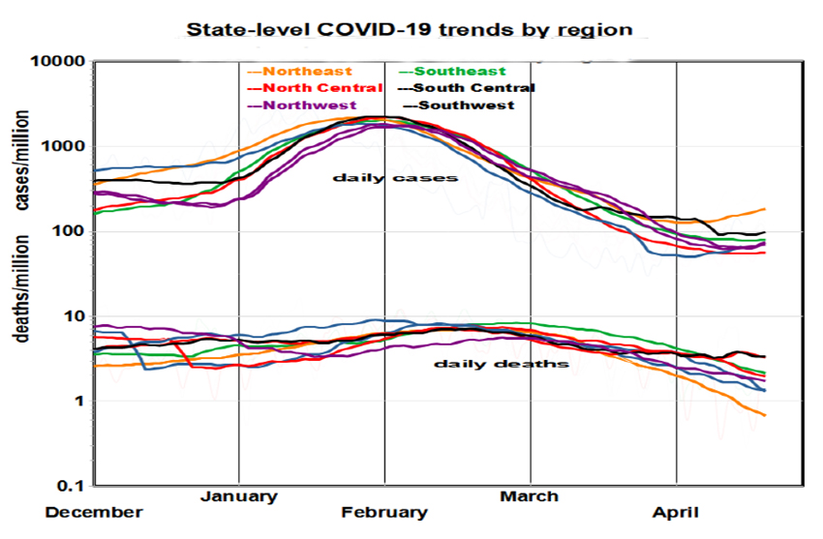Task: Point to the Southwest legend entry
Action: pyautogui.click(x=467, y=105)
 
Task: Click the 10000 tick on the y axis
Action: pyautogui.click(x=59, y=62)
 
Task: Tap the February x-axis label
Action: pyautogui.click(x=384, y=512)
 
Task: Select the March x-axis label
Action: pyautogui.click(x=529, y=496)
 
